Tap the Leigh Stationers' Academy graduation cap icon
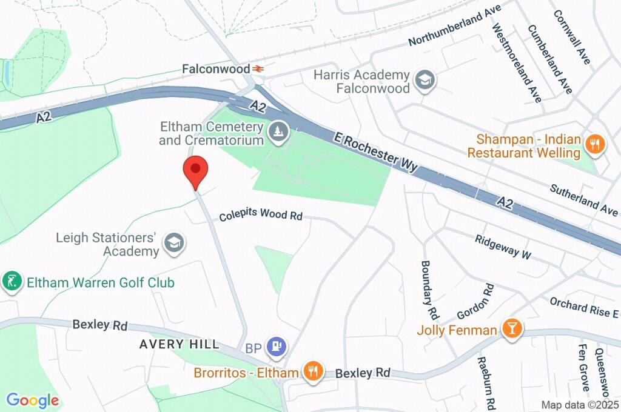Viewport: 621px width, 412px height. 175,244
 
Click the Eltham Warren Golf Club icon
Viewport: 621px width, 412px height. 12,282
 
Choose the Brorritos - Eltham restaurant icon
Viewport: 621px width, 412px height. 313,371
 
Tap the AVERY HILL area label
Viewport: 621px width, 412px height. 179,344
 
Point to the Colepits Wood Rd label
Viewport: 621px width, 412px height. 261,214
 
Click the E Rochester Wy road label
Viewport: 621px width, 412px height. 377,151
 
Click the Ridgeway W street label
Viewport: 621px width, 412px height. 503,247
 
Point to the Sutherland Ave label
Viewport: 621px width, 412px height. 583,199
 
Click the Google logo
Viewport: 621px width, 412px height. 33,400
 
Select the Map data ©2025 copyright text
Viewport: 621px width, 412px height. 580,405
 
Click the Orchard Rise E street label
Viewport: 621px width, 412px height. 583,307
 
